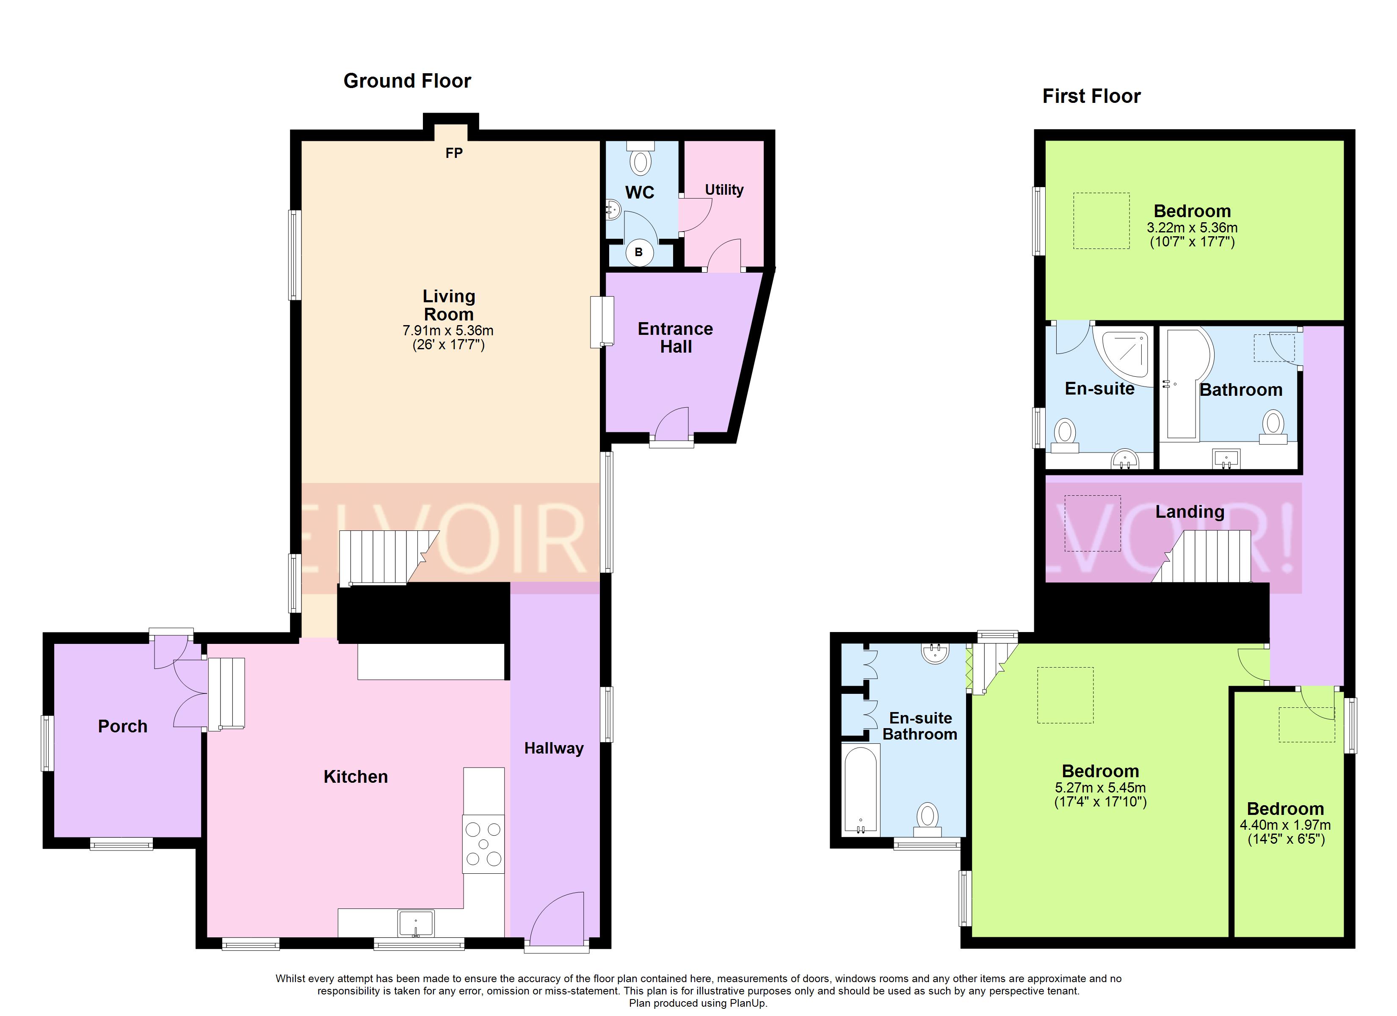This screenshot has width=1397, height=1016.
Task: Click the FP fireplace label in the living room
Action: coord(454,153)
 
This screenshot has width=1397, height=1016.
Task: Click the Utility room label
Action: coord(724,190)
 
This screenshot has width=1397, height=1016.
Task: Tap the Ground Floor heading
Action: coord(407,81)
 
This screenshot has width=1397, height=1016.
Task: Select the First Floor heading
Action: coord(1091,96)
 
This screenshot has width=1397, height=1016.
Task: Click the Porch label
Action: coord(123,726)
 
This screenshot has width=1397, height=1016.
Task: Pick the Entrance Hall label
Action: coord(676,338)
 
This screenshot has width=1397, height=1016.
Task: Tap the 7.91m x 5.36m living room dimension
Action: coord(448,331)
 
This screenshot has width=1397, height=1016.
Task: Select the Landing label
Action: coord(1190,511)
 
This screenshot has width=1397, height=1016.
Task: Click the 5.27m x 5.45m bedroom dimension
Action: coord(1100,787)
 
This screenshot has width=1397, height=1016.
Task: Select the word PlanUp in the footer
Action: coord(748,1003)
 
